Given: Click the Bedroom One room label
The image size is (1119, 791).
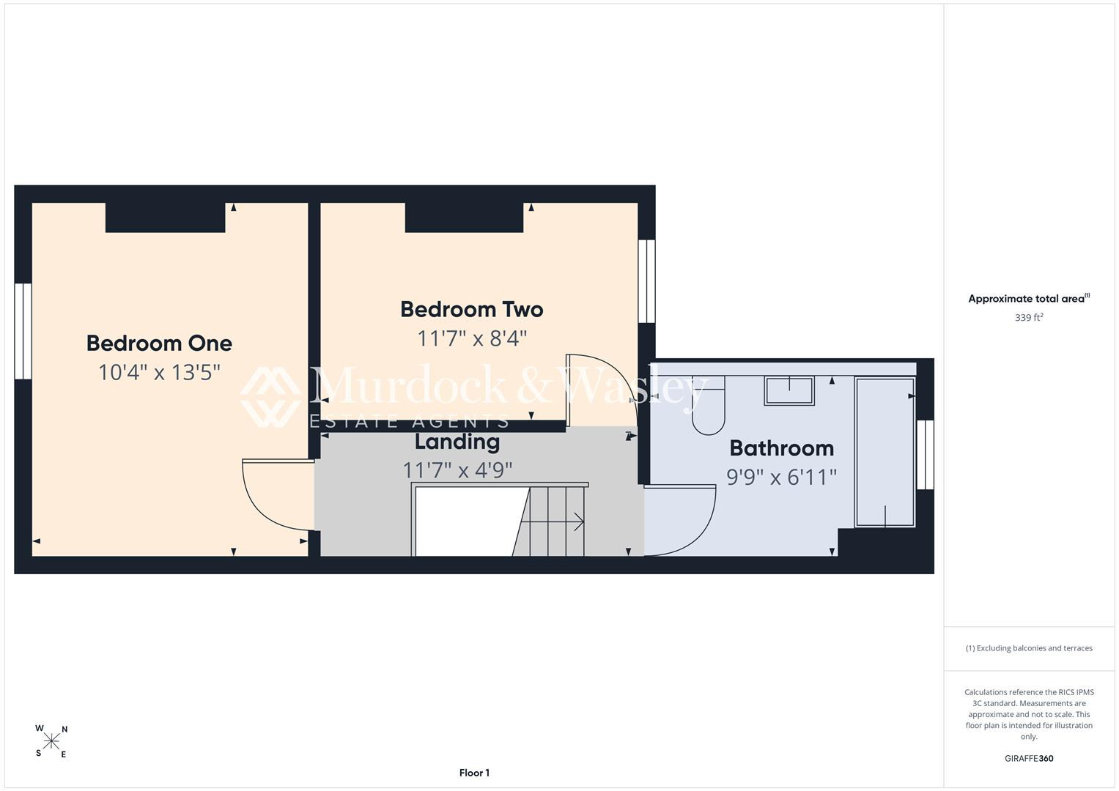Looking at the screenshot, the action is [x=159, y=343].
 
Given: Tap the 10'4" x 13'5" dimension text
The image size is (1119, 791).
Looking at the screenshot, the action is [x=159, y=373].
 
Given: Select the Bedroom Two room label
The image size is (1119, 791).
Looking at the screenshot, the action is [x=472, y=310].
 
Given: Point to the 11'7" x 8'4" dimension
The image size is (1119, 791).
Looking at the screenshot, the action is [x=472, y=338].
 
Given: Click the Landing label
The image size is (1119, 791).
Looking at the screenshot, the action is [x=457, y=442].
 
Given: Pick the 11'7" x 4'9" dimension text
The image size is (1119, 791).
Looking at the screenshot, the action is [x=457, y=470].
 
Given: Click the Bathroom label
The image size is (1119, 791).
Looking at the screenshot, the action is [x=782, y=448].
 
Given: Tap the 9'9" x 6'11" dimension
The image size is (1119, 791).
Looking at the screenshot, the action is [x=781, y=478].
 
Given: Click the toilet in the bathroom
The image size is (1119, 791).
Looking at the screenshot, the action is [x=709, y=406].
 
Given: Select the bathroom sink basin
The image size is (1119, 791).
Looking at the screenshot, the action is [x=789, y=390].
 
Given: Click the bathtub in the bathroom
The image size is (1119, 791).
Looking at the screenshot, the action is [x=885, y=452].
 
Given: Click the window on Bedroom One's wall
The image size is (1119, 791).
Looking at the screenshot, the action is [x=23, y=331].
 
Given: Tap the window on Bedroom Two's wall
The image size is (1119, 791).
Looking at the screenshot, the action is [x=646, y=281].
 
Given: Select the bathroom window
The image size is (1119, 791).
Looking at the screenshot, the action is [x=926, y=454].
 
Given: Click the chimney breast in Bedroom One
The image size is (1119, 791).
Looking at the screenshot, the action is [x=166, y=218].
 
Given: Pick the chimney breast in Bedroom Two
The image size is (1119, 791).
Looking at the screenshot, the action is [x=464, y=218].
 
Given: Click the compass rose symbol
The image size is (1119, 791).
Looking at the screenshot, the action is [x=51, y=741].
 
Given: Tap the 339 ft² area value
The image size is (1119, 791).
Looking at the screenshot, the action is [x=1029, y=318].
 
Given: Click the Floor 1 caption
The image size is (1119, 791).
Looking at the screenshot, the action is [x=474, y=773].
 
